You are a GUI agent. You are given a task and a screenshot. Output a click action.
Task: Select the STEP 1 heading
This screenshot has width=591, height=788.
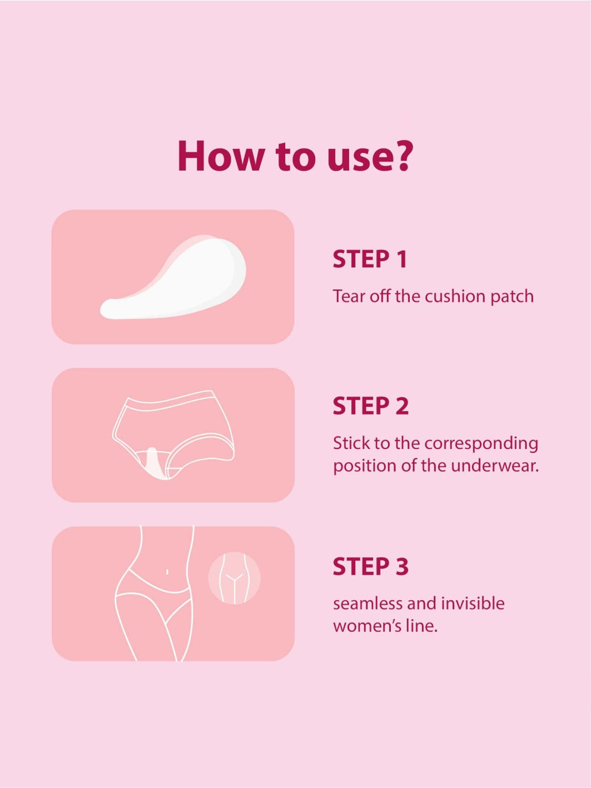point(370,260)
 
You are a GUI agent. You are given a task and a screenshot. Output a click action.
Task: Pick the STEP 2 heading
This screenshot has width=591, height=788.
point(370,406)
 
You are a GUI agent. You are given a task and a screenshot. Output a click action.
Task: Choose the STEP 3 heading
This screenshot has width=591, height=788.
point(370,567)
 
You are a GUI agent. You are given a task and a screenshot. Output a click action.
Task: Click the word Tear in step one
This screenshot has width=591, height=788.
point(349,296)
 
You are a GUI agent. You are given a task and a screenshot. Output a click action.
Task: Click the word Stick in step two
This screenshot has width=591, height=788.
point(351,443)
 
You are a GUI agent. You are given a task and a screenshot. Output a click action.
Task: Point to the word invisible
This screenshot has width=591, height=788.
point(473,604)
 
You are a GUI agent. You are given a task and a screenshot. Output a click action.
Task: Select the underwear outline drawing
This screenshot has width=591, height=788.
point(172,433)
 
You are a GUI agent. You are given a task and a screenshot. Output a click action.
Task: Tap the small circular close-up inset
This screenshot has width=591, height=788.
point(234,578)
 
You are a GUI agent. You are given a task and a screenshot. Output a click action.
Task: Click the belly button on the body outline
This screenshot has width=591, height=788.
point(167,571)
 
